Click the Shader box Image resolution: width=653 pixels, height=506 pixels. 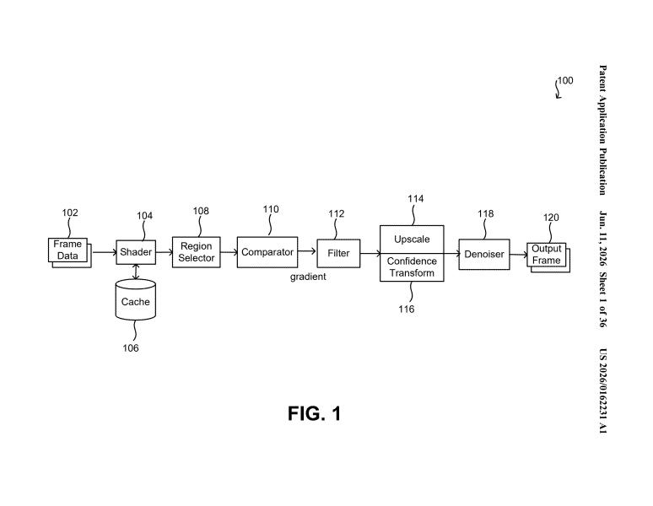[x=136, y=252]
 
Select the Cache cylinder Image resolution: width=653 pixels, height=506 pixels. [x=135, y=299]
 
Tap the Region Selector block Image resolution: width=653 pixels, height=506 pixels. [x=196, y=252]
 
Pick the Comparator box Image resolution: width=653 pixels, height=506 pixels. [x=267, y=252]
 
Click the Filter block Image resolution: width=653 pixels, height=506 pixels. [x=338, y=253]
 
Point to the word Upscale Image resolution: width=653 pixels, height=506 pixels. [x=412, y=240]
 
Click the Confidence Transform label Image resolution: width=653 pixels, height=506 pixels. [x=412, y=267]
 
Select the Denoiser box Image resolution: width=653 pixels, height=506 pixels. [x=484, y=254]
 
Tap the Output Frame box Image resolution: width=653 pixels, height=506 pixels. [x=548, y=257]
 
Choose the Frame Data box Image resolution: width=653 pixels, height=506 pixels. [x=69, y=253]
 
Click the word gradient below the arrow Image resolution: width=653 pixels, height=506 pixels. [x=308, y=277]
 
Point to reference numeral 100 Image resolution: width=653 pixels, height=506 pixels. [x=565, y=80]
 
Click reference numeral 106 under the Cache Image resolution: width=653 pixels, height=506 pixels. [x=131, y=347]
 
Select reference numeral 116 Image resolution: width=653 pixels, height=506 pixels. [x=406, y=309]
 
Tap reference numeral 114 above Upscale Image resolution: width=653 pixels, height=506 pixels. [x=416, y=199]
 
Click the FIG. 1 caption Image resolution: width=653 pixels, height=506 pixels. [x=315, y=413]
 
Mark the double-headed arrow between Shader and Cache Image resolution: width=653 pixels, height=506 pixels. [x=136, y=272]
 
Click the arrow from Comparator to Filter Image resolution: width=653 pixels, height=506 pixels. [x=307, y=251]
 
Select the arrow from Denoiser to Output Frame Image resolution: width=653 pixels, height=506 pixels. [x=519, y=255]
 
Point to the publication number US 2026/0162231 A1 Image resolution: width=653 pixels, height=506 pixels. [x=602, y=390]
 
